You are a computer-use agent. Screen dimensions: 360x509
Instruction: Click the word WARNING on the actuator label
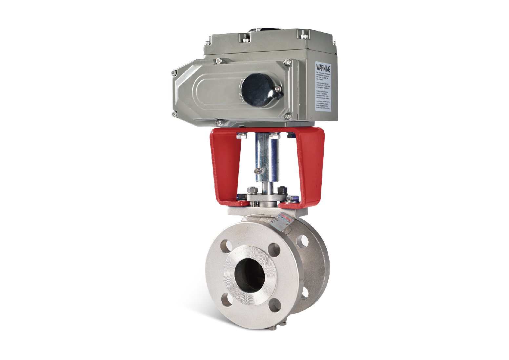(x=323, y=68)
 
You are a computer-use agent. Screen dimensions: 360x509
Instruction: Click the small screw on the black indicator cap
(x=277, y=89)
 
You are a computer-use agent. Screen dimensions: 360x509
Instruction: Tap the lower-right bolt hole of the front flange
(x=275, y=306)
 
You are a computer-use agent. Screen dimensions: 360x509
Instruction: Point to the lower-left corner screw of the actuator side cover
(x=174, y=114)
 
